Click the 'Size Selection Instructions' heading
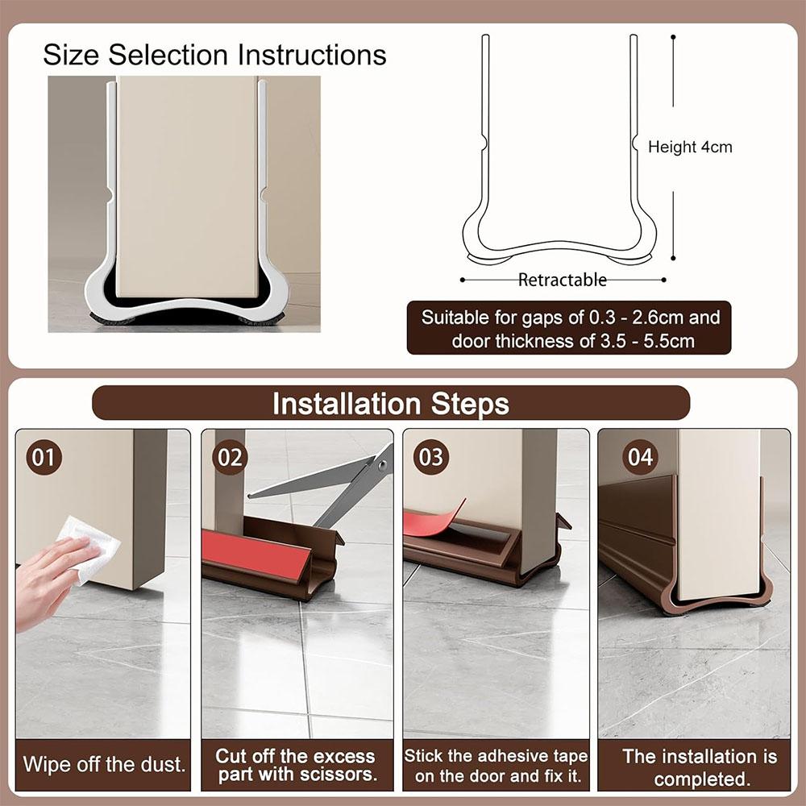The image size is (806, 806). pyautogui.click(x=214, y=55)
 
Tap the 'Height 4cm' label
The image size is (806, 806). pyautogui.click(x=691, y=147)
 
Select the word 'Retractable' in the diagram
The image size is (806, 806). pyautogui.click(x=562, y=280)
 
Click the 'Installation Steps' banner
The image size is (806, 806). pyautogui.click(x=391, y=403)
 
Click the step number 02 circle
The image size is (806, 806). pyautogui.click(x=230, y=457)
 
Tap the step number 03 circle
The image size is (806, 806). pyautogui.click(x=431, y=457)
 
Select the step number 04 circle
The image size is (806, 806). pyautogui.click(x=640, y=457)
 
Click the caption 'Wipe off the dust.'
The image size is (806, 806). pyautogui.click(x=104, y=764)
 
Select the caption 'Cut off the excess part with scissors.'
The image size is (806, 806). pyautogui.click(x=295, y=765)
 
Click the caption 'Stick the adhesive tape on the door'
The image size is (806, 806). pyautogui.click(x=496, y=765)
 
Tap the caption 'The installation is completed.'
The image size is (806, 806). pyautogui.click(x=700, y=767)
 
